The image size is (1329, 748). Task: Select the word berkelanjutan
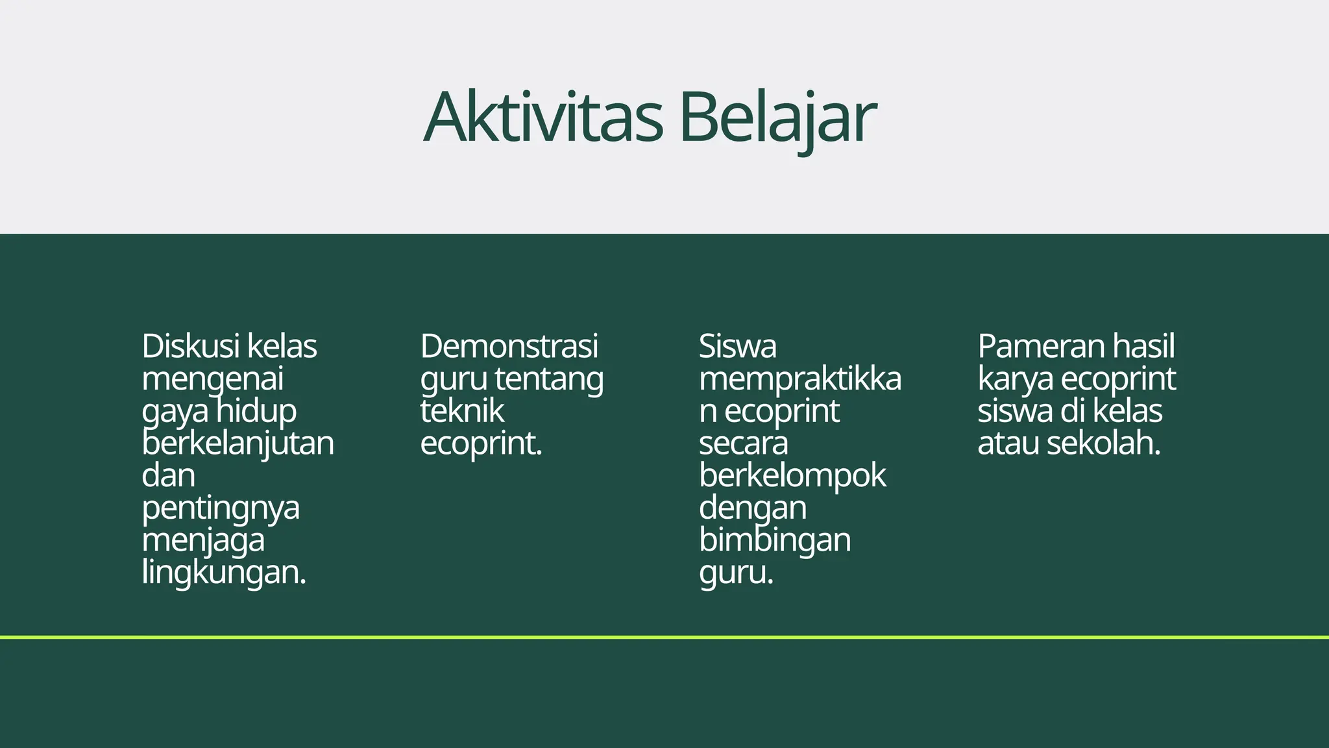pyautogui.click(x=238, y=444)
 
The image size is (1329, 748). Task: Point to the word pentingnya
pyautogui.click(x=221, y=508)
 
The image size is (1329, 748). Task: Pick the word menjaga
pyautogui.click(x=203, y=541)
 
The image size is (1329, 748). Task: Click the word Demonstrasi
pyautogui.click(x=509, y=346)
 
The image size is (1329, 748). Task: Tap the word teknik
pyautogui.click(x=462, y=411)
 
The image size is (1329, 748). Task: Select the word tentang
pyautogui.click(x=549, y=379)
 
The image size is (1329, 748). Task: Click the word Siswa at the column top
pyautogui.click(x=737, y=346)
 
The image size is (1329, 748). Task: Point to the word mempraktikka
pyautogui.click(x=799, y=379)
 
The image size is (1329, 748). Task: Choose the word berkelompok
pyautogui.click(x=792, y=476)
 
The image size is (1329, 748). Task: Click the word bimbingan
pyautogui.click(x=775, y=541)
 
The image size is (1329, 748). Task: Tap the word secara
pyautogui.click(x=743, y=443)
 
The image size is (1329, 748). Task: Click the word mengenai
pyautogui.click(x=212, y=379)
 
